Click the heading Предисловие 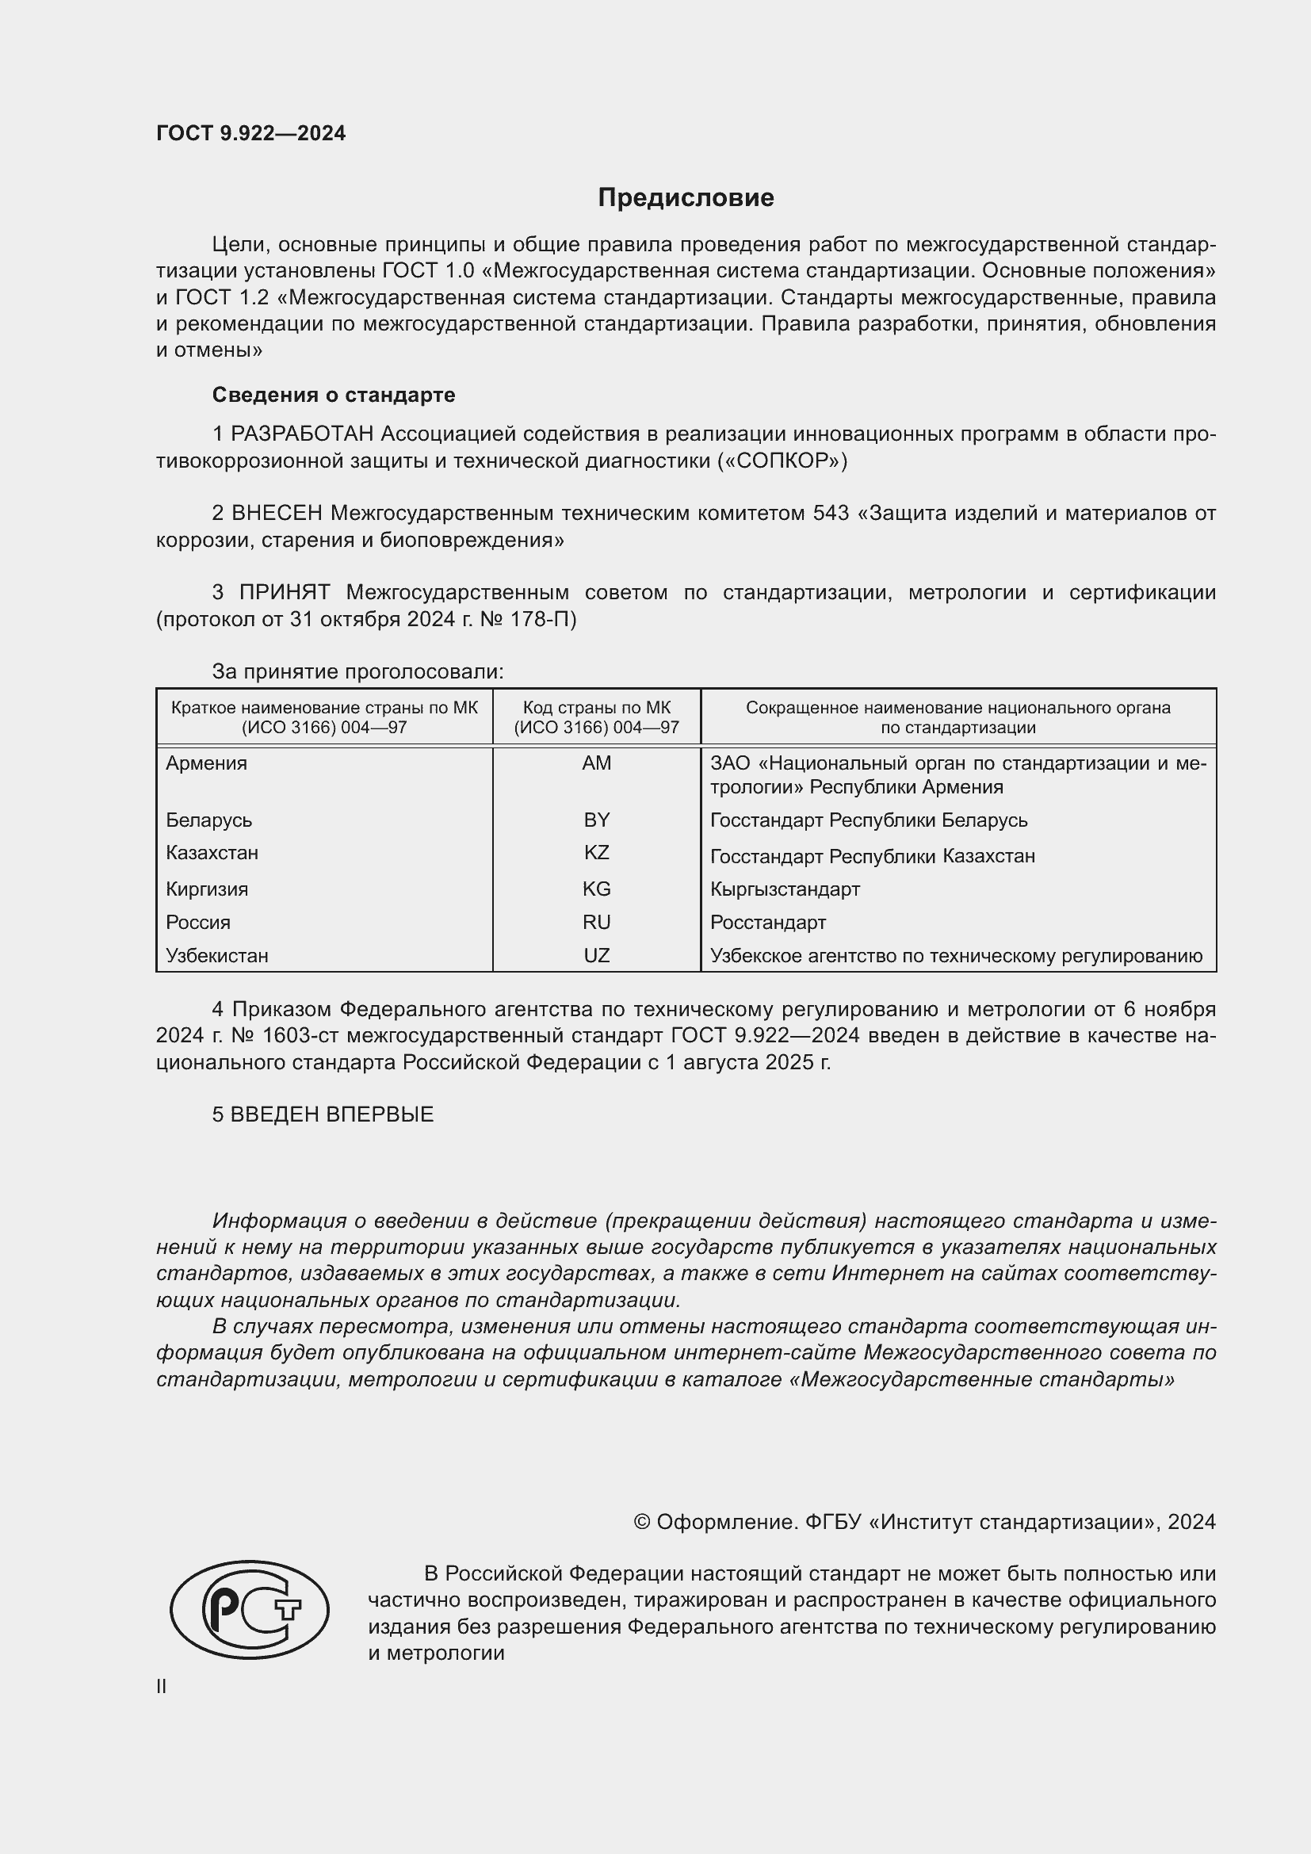click(x=686, y=198)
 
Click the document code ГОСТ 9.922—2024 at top click(x=250, y=134)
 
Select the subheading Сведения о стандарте click(x=334, y=395)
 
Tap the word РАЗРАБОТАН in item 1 click(x=302, y=434)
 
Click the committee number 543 click(x=831, y=514)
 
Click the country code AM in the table click(x=597, y=763)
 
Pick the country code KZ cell click(x=597, y=853)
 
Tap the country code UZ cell click(x=597, y=956)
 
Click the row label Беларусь click(x=209, y=820)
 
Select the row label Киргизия click(x=207, y=890)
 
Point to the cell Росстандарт click(x=768, y=923)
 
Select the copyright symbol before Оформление click(x=642, y=1523)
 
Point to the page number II click(x=162, y=1687)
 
